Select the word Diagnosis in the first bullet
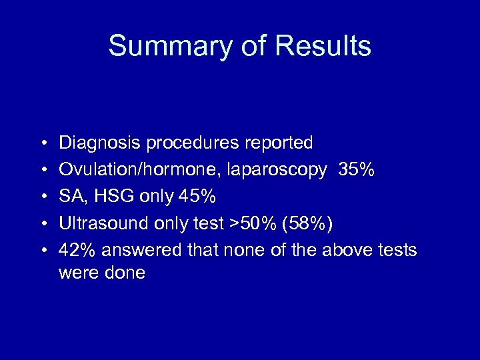100,143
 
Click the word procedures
193,143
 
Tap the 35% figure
357,170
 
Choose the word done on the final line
125,273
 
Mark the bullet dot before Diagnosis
42,143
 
